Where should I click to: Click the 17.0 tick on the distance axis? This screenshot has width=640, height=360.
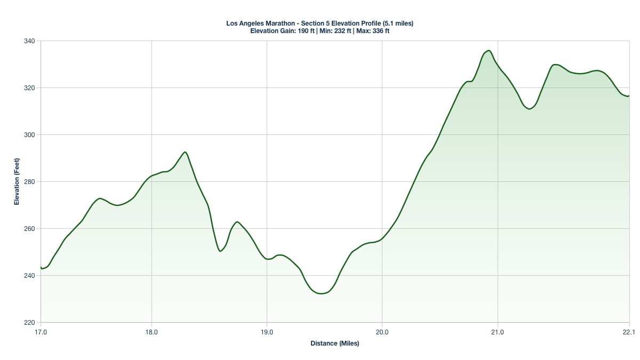41,332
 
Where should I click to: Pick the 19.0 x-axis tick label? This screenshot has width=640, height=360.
267,332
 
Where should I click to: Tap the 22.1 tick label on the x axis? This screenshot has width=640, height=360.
629,332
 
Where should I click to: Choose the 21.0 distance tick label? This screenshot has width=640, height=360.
498,332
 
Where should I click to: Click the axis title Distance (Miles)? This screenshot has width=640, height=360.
335,343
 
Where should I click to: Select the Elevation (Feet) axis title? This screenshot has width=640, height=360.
17,182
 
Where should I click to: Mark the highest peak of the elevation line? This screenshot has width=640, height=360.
489,51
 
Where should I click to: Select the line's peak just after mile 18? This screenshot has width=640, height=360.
185,152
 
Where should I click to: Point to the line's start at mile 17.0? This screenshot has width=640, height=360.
41,268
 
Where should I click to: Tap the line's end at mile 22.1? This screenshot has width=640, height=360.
629,96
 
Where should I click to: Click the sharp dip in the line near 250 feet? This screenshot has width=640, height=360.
220,251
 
